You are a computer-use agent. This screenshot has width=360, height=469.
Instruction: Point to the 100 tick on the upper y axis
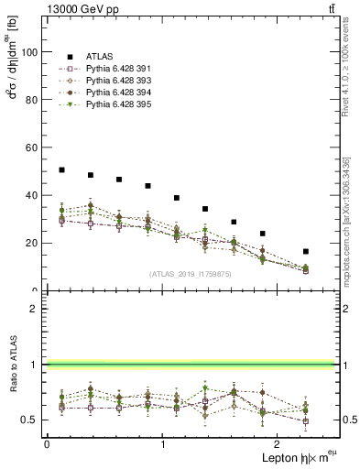(28, 52)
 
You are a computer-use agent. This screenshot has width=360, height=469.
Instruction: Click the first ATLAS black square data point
(61, 169)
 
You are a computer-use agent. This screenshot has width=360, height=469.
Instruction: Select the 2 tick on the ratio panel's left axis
(34, 309)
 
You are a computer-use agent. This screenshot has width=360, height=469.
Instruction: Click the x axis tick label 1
(163, 442)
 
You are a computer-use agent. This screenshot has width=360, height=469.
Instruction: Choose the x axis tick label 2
(278, 442)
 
